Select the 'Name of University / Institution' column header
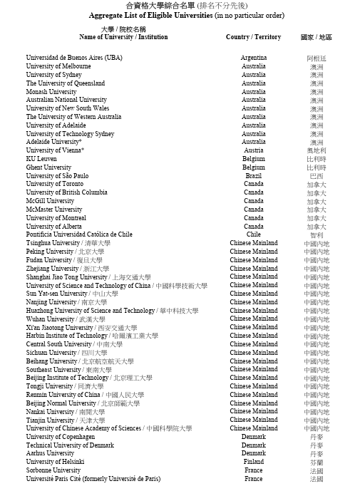coord(123,37)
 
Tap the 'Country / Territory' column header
coord(253,37)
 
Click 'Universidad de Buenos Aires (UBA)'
coord(74,58)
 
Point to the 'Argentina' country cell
coord(253,58)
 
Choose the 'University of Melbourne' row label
coord(58,66)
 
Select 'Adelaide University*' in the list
coord(54,142)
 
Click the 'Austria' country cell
coord(253,150)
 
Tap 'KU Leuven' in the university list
coord(42,159)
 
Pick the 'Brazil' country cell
coord(253,175)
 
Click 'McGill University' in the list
coord(50,201)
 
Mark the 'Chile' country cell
coord(253,234)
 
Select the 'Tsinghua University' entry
coord(53,243)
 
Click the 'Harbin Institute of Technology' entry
coord(67,336)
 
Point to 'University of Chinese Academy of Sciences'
coord(83,428)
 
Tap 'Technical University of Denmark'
coord(70,445)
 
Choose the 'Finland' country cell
coord(253,462)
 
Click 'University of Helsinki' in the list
coord(56,462)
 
